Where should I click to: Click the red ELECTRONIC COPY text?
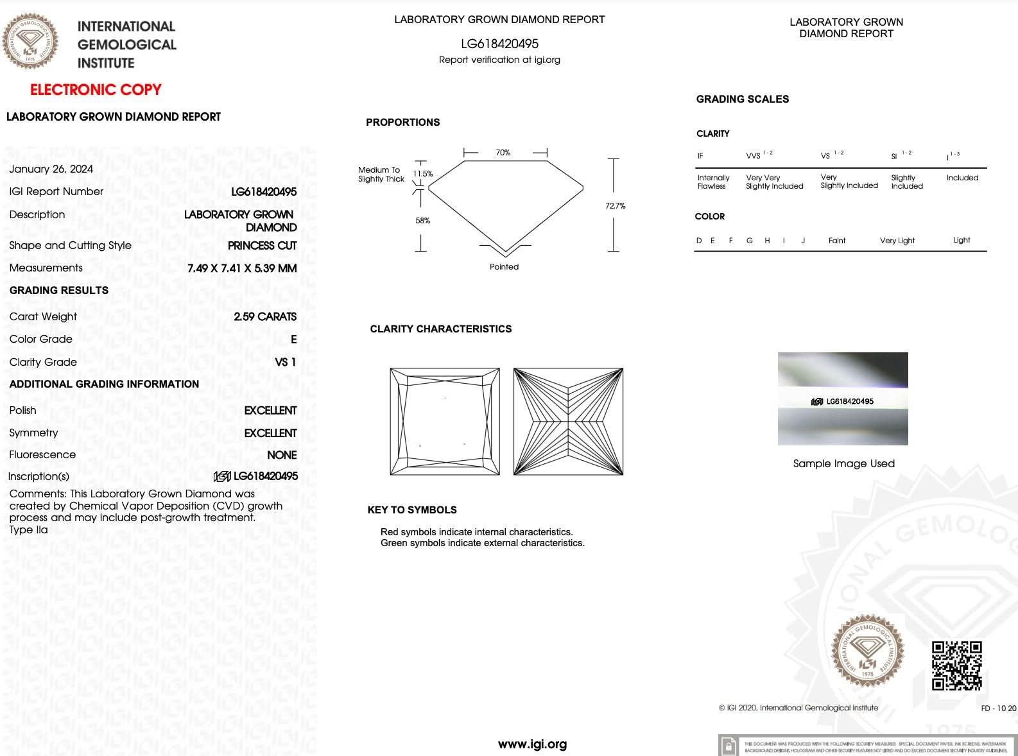(x=96, y=90)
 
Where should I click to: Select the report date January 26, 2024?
(x=51, y=169)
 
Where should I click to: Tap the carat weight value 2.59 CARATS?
(x=264, y=316)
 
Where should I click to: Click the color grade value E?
(x=293, y=339)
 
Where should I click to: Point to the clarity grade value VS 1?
(x=285, y=362)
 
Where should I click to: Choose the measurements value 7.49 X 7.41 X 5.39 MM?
(x=242, y=268)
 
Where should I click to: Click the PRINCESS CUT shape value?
(x=262, y=246)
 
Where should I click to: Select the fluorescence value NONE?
(x=282, y=455)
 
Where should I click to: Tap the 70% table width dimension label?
(x=503, y=153)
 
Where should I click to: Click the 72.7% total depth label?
(x=615, y=206)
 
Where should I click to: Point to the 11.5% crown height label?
(x=422, y=174)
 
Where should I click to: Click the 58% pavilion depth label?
(x=422, y=221)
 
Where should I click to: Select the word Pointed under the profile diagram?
(x=504, y=267)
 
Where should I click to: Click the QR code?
(x=956, y=666)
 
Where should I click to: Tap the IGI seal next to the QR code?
(x=867, y=651)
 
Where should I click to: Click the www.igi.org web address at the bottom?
(x=532, y=744)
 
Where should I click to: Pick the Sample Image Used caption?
(x=843, y=463)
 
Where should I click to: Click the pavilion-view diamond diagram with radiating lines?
(x=568, y=422)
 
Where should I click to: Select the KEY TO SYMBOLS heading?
(x=412, y=510)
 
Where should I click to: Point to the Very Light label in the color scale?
(x=897, y=241)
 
